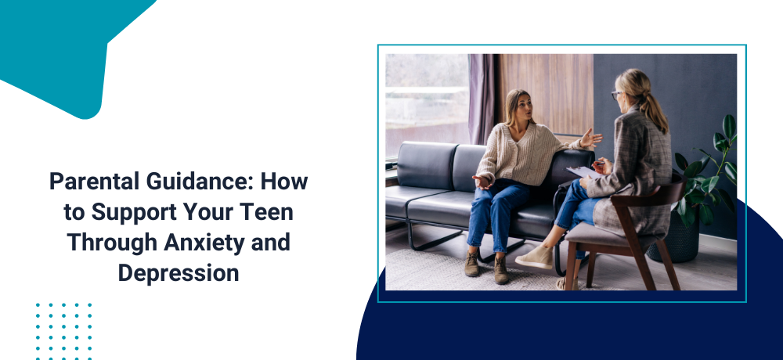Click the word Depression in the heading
[x=179, y=273]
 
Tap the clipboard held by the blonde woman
[x=583, y=172]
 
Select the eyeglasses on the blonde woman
[x=617, y=95]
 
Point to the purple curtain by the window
[x=482, y=99]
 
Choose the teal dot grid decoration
[x=63, y=331]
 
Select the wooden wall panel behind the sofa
[x=545, y=95]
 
